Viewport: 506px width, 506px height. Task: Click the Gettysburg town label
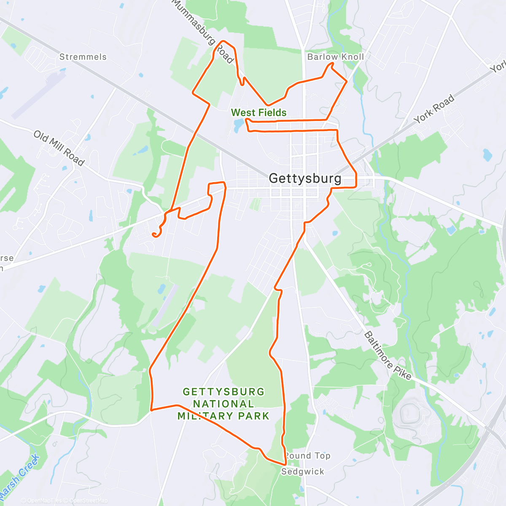click(x=305, y=178)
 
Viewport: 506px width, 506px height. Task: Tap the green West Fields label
click(x=258, y=113)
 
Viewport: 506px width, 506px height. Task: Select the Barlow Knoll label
click(x=335, y=57)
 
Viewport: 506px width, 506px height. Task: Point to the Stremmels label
click(x=83, y=57)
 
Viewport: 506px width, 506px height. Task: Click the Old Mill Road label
click(x=59, y=148)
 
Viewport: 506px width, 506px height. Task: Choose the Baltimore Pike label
click(x=388, y=356)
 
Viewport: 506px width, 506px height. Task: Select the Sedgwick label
click(x=303, y=471)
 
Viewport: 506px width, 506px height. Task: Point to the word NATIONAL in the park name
click(x=223, y=404)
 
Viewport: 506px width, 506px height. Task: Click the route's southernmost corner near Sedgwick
click(x=286, y=465)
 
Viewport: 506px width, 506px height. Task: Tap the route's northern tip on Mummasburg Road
click(x=223, y=41)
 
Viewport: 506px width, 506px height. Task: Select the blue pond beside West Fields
click(x=237, y=124)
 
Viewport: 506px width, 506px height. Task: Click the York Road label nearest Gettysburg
click(x=434, y=109)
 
